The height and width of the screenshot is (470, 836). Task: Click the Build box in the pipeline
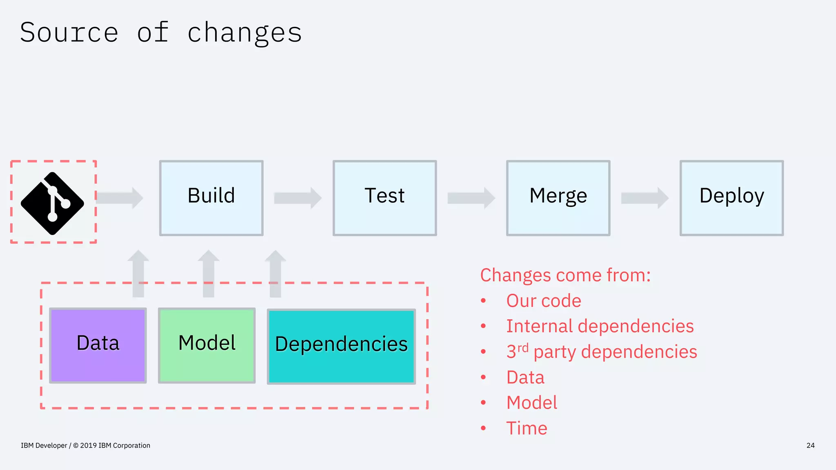click(x=211, y=198)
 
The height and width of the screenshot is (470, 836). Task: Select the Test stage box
click(x=385, y=198)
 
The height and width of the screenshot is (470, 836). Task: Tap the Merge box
click(x=558, y=198)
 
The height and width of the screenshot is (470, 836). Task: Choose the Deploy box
click(x=731, y=198)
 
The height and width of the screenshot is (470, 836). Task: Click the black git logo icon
click(x=53, y=203)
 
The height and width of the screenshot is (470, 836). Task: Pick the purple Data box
click(x=98, y=345)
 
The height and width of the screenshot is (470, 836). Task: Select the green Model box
click(x=207, y=345)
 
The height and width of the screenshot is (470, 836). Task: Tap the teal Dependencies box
click(x=341, y=346)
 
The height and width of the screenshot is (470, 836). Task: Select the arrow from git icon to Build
click(x=120, y=198)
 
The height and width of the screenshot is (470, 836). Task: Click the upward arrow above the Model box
click(x=209, y=273)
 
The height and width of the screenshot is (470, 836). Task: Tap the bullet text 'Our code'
click(x=543, y=301)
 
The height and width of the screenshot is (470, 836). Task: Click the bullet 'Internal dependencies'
click(x=600, y=326)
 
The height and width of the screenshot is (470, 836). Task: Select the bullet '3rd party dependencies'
click(x=601, y=352)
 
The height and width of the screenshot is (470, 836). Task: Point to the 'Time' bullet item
click(x=527, y=428)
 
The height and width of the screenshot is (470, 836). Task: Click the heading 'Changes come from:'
click(x=565, y=275)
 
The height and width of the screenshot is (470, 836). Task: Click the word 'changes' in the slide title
click(x=245, y=33)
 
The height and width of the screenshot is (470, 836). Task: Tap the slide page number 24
click(x=810, y=446)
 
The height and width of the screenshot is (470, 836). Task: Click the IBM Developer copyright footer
click(x=85, y=446)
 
